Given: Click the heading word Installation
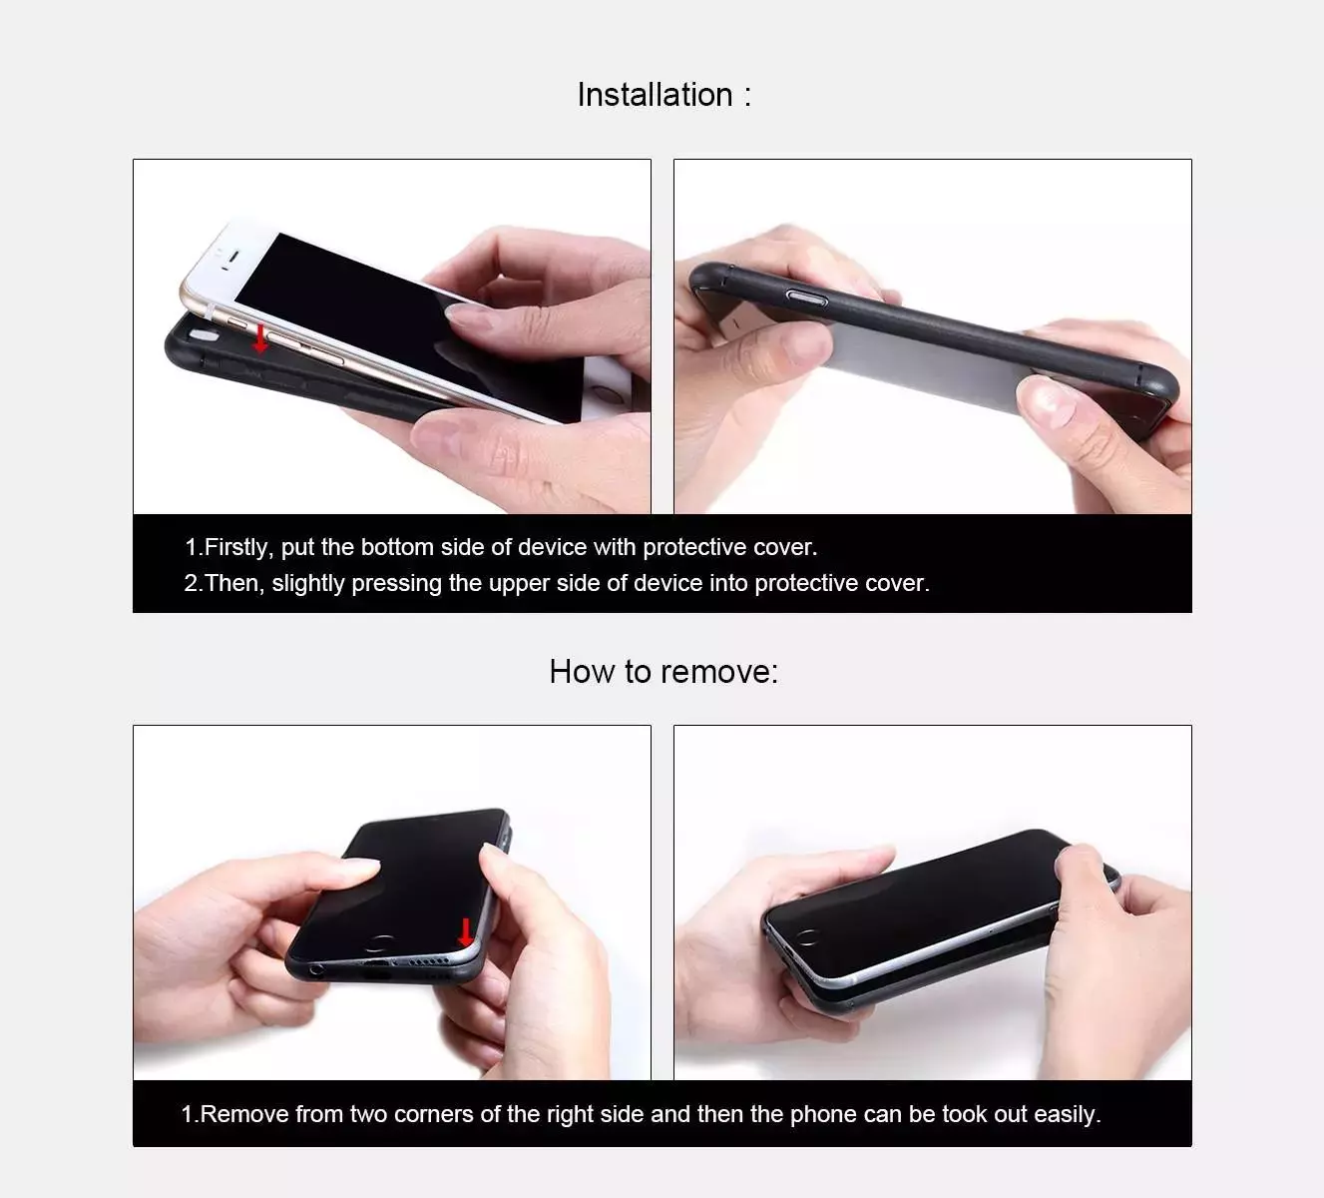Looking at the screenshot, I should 655,95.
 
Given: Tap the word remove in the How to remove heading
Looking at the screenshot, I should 715,672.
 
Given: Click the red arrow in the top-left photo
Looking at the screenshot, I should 260,338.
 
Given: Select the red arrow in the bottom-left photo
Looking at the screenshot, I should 465,932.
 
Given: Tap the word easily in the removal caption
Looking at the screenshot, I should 1066,1114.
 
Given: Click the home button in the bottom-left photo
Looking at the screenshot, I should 379,941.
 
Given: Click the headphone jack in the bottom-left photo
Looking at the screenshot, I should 317,968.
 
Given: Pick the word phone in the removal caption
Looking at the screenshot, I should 820,1114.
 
